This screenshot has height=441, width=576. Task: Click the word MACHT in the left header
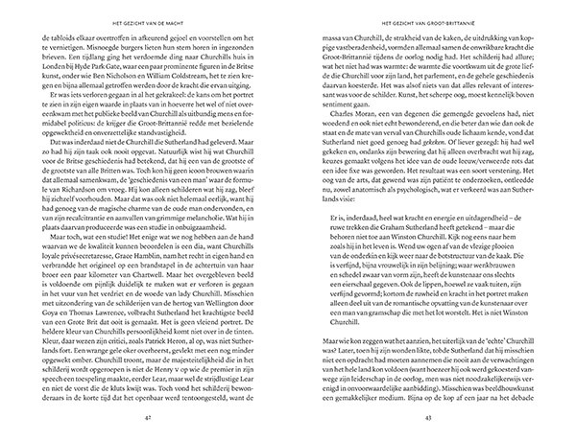[x=195, y=15]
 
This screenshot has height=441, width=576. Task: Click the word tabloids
[x=66, y=35]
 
